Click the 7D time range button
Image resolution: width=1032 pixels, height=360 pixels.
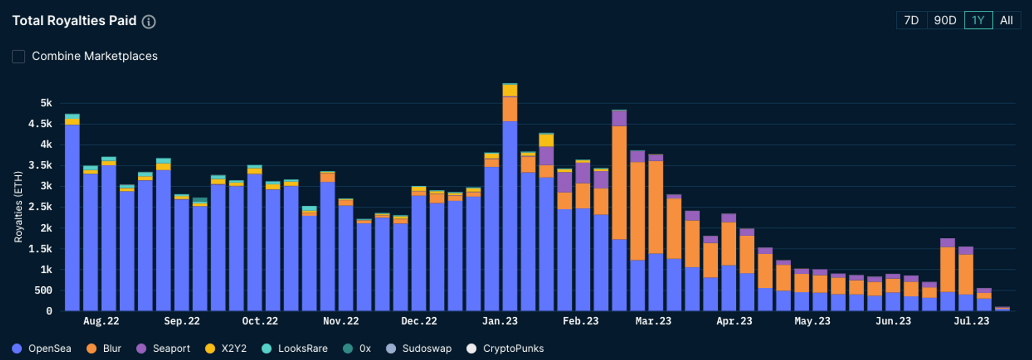pyautogui.click(x=911, y=21)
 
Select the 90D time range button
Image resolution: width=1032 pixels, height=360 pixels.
pyautogui.click(x=945, y=21)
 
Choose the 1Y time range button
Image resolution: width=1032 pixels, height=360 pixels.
pyautogui.click(x=978, y=21)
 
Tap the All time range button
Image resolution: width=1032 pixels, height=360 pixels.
pyautogui.click(x=1006, y=21)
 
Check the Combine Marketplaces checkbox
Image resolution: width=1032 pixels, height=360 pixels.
pyautogui.click(x=19, y=56)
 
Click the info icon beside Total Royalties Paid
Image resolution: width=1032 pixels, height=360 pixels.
pyautogui.click(x=149, y=22)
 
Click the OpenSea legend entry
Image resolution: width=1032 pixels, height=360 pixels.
pyautogui.click(x=41, y=349)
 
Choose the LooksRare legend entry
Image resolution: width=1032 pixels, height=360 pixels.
pyautogui.click(x=295, y=349)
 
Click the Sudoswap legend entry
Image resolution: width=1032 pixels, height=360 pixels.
pyautogui.click(x=418, y=349)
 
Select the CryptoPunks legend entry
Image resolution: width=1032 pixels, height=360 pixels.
pyautogui.click(x=505, y=349)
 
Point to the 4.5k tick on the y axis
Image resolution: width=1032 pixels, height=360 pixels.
pyautogui.click(x=40, y=124)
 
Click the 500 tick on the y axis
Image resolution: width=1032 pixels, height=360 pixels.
pyautogui.click(x=43, y=290)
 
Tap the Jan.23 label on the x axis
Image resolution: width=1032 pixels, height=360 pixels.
pyautogui.click(x=499, y=321)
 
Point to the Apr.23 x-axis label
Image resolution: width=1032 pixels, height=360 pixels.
pyautogui.click(x=734, y=321)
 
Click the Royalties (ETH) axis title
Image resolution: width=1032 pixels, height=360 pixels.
pyautogui.click(x=19, y=207)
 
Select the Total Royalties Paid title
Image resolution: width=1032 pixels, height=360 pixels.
pyautogui.click(x=74, y=21)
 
